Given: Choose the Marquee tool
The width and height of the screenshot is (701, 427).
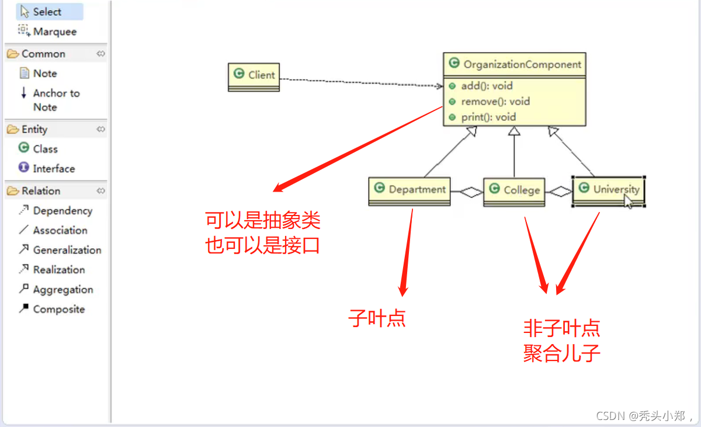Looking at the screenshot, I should coord(54,32).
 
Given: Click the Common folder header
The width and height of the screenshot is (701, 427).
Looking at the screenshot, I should coord(43,54).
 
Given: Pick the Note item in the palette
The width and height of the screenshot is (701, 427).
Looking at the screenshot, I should coord(44,74).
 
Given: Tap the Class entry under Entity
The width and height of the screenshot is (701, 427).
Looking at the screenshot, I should coord(45,149).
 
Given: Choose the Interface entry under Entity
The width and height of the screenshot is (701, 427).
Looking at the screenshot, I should coord(53,169).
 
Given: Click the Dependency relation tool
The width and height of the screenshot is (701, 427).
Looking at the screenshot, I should coord(62,211).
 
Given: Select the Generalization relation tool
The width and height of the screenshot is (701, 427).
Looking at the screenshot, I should coord(67,250).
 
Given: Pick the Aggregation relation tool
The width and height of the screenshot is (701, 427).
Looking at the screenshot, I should coord(63,290).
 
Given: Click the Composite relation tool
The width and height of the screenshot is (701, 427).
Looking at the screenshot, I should coord(58,310).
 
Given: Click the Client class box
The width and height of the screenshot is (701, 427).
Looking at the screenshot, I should coord(254,75).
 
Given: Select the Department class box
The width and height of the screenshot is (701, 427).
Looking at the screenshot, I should coord(410,189).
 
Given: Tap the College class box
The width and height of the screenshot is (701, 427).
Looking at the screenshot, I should coord(514,190).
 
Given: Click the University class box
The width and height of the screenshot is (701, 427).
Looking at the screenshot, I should coord(608,189).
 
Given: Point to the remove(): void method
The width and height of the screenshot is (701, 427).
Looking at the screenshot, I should coord(495,102).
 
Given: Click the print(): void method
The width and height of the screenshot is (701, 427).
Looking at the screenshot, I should coord(488,117).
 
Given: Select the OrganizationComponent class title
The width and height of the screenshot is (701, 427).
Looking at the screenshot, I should coord(522,65).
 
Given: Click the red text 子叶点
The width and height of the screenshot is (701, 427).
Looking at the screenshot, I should coord(377,319).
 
